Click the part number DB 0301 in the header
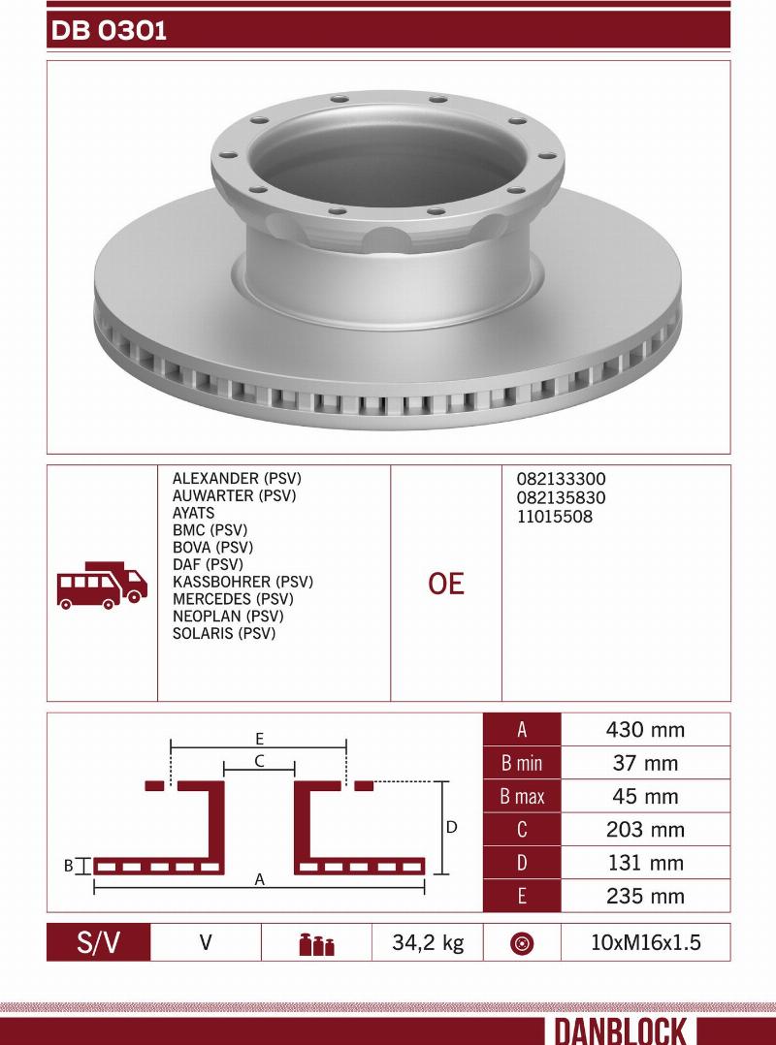(x=109, y=31)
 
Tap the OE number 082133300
(x=561, y=479)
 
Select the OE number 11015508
(x=554, y=517)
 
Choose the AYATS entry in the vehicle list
(x=193, y=513)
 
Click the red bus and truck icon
(x=102, y=586)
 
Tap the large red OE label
(x=446, y=584)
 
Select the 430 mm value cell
(x=645, y=730)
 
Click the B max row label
(x=522, y=797)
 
